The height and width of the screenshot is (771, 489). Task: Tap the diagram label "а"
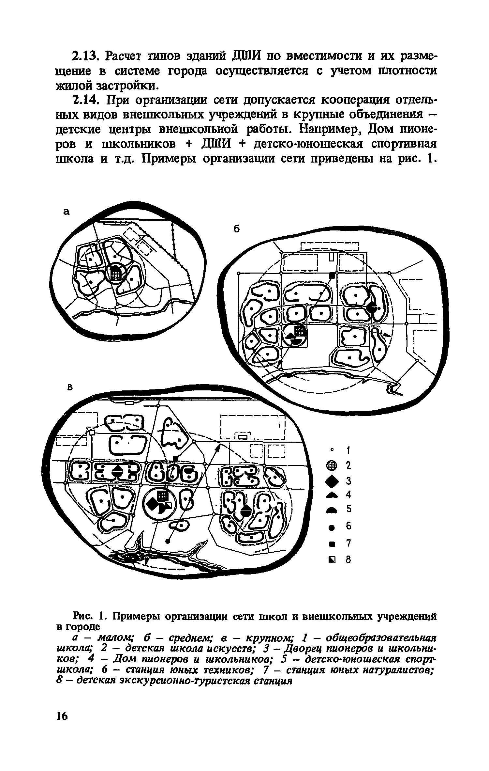(67, 212)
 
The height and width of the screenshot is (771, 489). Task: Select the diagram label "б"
(237, 229)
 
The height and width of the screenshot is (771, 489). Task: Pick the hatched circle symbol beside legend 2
(332, 466)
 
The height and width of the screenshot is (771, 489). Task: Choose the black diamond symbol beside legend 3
(332, 480)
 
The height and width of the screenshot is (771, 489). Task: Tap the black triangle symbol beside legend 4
(332, 495)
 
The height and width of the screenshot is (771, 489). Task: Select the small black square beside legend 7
(332, 544)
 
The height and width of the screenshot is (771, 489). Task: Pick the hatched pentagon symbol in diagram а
(116, 273)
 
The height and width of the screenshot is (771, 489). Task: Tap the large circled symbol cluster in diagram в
(160, 504)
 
